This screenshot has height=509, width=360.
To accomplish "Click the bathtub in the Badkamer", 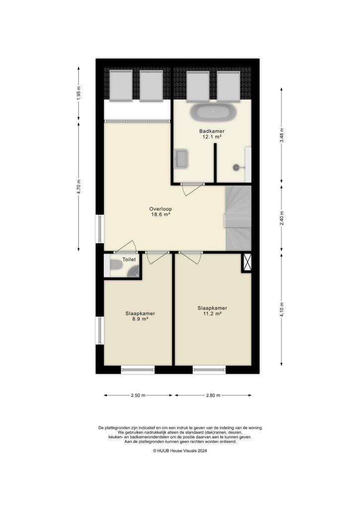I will coord(213,112).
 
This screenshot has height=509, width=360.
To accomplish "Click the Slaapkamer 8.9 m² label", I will coord(140,316).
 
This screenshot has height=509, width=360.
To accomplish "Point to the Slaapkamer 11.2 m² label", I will coord(212,311).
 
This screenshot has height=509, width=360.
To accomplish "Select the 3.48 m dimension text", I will coord(281,135).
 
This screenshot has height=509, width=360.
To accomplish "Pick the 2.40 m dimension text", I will coord(281,219).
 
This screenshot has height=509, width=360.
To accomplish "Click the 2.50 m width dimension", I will coord(138,396).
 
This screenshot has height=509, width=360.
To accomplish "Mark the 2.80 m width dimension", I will coord(212,396).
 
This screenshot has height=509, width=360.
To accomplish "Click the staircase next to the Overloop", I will coord(238,219).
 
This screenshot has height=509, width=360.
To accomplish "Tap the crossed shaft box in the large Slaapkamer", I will coord(247,262).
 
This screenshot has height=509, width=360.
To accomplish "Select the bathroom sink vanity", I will coord(180,159).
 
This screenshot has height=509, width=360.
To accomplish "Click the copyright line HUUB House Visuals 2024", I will coord(180,451).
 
